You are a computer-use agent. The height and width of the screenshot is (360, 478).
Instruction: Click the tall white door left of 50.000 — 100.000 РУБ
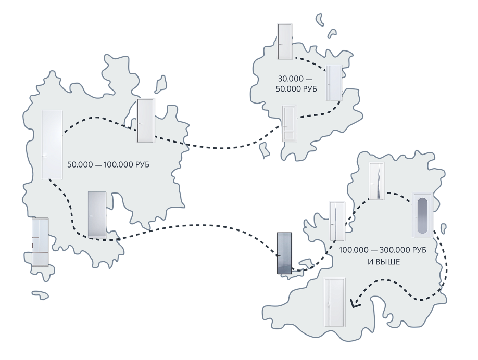pos(52,144)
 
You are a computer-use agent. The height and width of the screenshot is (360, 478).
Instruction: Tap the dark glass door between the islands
pos(285,252)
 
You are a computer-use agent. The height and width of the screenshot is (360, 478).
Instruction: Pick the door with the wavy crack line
pos(376,181)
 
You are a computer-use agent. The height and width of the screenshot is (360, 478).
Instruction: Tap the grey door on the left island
pos(97,215)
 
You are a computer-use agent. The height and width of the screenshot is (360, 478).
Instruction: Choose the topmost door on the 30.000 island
pos(284,42)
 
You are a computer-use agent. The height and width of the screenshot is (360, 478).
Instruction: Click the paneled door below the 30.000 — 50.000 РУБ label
pos(288,123)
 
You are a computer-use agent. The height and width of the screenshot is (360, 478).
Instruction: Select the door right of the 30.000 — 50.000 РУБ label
pos(334,82)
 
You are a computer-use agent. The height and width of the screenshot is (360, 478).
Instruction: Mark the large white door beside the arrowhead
pos(334,302)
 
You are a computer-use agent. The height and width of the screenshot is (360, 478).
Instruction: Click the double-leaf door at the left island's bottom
pos(40,242)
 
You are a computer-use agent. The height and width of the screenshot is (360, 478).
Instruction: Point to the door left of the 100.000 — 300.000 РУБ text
pos(337,221)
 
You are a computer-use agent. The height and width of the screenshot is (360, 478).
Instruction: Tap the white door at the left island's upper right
pos(145,120)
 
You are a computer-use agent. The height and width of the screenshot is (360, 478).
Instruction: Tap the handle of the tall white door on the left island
pos(44,155)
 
